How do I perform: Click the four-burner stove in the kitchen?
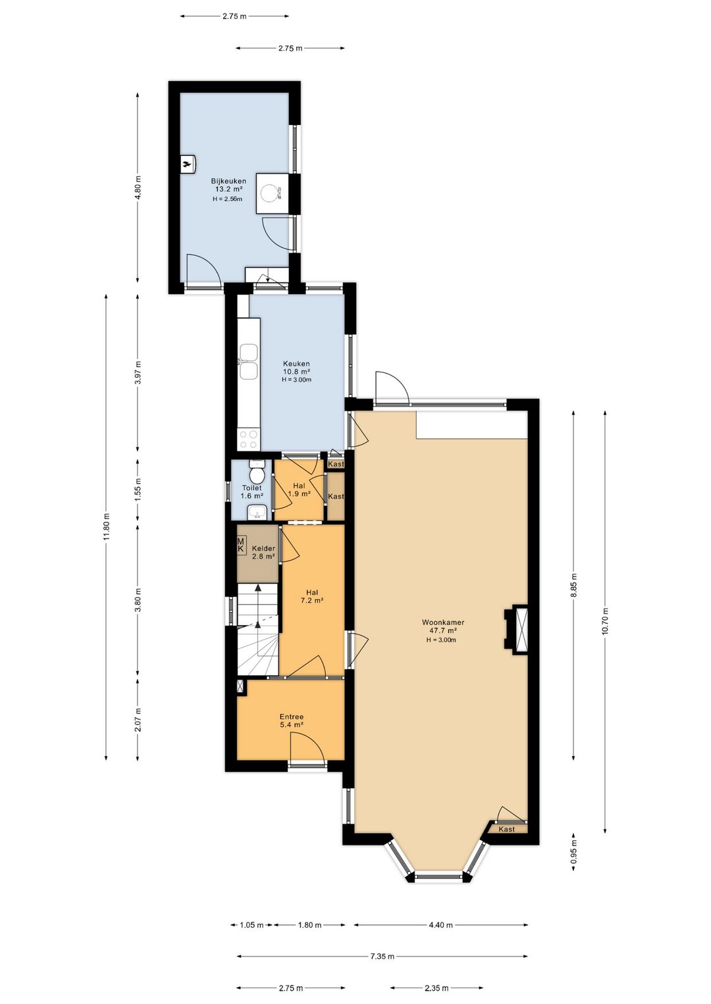pyautogui.click(x=248, y=439)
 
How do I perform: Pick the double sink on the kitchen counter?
pyautogui.click(x=248, y=361)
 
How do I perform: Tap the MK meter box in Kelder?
pyautogui.click(x=242, y=545)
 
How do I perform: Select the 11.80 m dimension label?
pyautogui.click(x=106, y=527)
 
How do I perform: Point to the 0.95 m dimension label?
pyautogui.click(x=573, y=851)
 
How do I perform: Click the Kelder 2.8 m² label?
pyautogui.click(x=263, y=552)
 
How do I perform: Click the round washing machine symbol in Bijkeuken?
pyautogui.click(x=270, y=193)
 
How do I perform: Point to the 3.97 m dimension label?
pyautogui.click(x=138, y=372)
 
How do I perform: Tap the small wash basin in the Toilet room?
pyautogui.click(x=257, y=511)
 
